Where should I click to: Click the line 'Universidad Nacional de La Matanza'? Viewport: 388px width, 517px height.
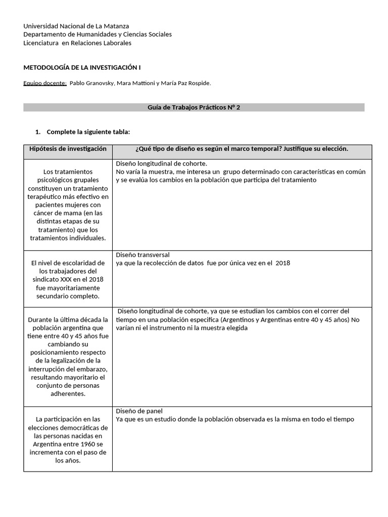pyautogui.click(x=76, y=26)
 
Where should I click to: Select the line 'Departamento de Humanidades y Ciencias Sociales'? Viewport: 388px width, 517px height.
pyautogui.click(x=98, y=34)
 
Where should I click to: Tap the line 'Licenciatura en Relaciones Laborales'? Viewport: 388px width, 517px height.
pyautogui.click(x=77, y=43)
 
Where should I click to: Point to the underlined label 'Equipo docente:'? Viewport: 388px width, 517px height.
pyautogui.click(x=45, y=83)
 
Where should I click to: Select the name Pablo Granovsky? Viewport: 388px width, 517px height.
pyautogui.click(x=91, y=83)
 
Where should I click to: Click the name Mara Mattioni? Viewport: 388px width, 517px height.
pyautogui.click(x=135, y=83)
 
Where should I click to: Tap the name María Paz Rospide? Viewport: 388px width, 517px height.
pyautogui.click(x=185, y=83)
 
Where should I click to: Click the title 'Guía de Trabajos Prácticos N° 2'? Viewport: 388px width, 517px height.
pyautogui.click(x=193, y=108)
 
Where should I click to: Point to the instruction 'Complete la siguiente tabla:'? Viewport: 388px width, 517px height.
pyautogui.click(x=88, y=132)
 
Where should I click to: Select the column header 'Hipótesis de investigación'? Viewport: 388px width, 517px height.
pyautogui.click(x=68, y=149)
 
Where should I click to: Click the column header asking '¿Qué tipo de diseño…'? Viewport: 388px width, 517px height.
pyautogui.click(x=242, y=149)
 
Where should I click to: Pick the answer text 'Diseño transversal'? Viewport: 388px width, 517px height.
pyautogui.click(x=142, y=255)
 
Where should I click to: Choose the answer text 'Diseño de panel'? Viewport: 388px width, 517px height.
pyautogui.click(x=139, y=411)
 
